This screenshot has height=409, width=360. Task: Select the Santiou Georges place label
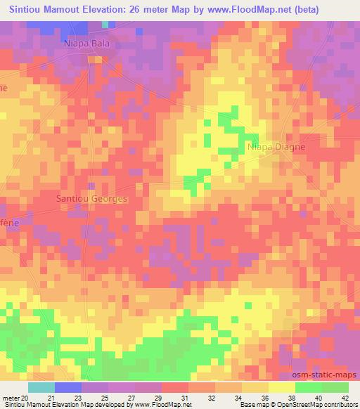coord(92,199)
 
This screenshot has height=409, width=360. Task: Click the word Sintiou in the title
coord(27,10)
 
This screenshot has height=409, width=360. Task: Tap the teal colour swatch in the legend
coord(41,387)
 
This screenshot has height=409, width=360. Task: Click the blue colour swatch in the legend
coord(67,387)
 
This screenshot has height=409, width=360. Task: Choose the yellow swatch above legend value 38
coord(282,387)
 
